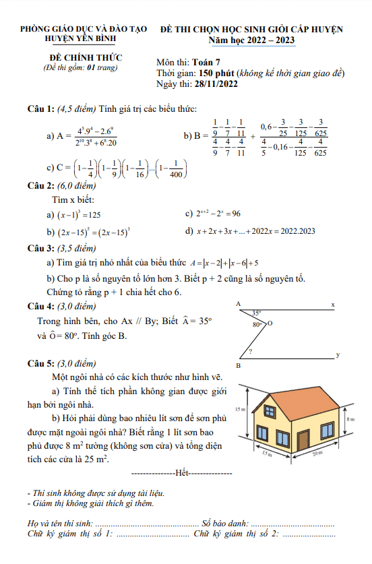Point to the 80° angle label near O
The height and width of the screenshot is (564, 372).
point(257,324)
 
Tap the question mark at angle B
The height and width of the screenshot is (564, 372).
point(250,352)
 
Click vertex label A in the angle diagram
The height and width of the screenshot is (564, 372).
point(239,305)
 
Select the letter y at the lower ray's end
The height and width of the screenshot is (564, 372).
point(337,354)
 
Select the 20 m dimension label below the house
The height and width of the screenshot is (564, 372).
point(317,453)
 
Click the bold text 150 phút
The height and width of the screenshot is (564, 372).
point(216,73)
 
